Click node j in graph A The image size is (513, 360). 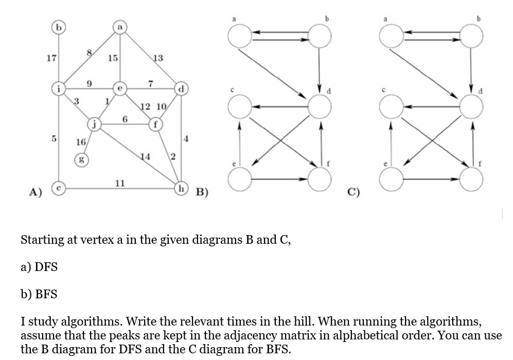(x=94, y=123)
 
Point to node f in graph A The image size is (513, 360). (x=155, y=123)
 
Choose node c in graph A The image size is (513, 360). (x=60, y=189)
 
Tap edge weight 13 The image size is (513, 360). (x=157, y=58)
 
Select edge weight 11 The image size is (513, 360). (x=120, y=183)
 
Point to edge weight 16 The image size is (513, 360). (x=81, y=141)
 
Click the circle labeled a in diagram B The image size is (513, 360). (x=238, y=36)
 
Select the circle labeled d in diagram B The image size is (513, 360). (x=319, y=107)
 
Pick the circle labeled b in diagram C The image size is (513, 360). (x=471, y=36)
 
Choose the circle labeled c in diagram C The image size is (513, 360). (x=392, y=107)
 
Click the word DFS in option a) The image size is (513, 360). (x=46, y=267)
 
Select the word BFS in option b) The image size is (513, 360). (x=46, y=294)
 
